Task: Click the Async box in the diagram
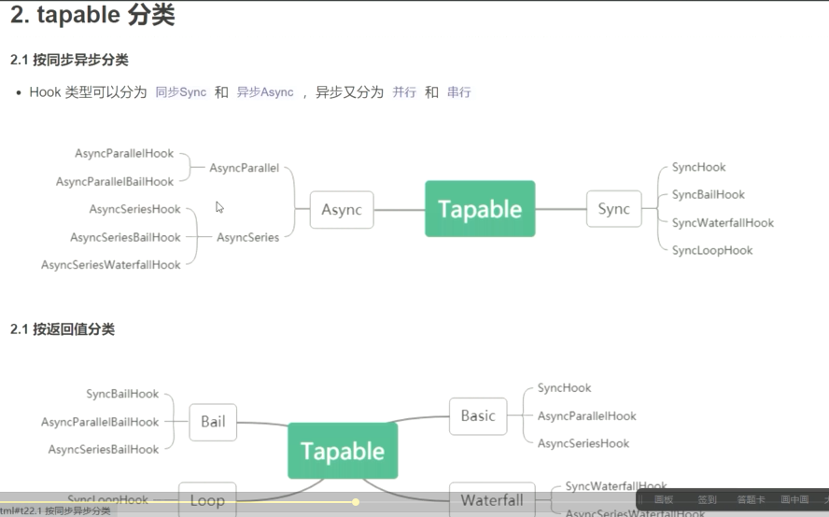342,210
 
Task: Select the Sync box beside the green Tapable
613,209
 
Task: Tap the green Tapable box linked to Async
480,209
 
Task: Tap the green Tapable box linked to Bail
343,451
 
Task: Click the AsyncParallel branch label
244,168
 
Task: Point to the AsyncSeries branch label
247,237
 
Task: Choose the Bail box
213,422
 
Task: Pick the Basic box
478,416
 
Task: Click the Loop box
207,500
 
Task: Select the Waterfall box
492,500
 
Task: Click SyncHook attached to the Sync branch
698,167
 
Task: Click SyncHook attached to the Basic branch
564,388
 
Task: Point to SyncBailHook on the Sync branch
708,195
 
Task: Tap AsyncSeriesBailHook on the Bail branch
104,450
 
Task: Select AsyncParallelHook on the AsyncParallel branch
124,153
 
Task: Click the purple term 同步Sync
181,92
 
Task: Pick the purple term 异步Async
265,92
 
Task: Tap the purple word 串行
458,92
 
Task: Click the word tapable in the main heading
77,16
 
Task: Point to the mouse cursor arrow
219,207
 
